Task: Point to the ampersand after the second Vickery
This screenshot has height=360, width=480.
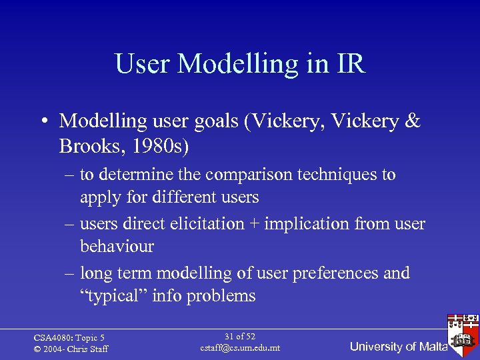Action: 413,121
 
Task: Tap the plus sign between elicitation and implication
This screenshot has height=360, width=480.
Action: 254,224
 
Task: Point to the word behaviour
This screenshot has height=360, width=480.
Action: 117,247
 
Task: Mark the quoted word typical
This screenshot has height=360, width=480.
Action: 113,296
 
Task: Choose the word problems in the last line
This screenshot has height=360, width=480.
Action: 222,296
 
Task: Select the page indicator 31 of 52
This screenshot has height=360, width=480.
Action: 240,337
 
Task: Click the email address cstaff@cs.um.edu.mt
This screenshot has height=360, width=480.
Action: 240,348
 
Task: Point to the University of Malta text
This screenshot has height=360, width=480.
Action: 399,347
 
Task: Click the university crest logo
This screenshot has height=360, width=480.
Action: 463,337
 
